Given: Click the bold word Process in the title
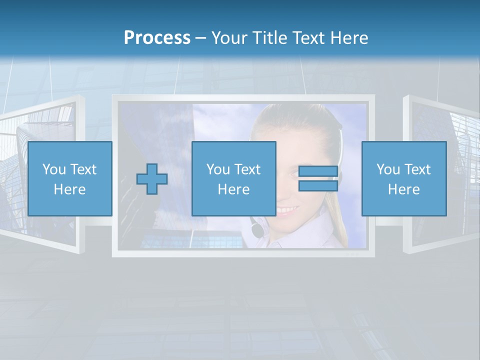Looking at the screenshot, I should [157, 38].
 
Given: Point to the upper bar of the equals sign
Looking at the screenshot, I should [318, 171].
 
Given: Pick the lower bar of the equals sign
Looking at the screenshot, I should [318, 186].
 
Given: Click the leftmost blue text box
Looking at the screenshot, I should [70, 178].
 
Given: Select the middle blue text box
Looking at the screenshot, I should [234, 178].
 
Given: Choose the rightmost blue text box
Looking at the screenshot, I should [404, 178].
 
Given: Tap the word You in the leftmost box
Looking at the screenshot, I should [53, 169].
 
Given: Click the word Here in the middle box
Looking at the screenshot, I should [234, 189].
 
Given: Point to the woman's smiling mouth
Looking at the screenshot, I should [287, 209].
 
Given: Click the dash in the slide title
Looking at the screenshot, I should [200, 38].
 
